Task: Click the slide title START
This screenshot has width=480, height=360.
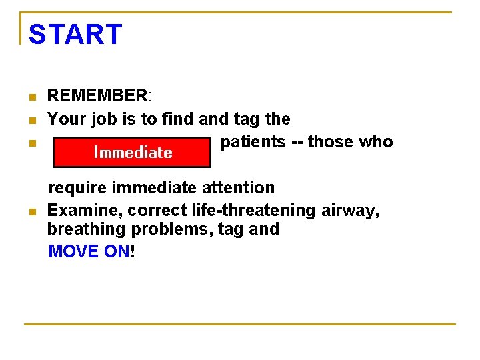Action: [x=75, y=35]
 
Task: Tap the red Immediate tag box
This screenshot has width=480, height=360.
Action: [x=132, y=152]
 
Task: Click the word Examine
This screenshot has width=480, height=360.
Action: [x=85, y=211]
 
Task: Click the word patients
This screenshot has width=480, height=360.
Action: [x=251, y=142]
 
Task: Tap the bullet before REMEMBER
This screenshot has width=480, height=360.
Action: [x=31, y=98]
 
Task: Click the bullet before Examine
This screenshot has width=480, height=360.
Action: [x=31, y=212]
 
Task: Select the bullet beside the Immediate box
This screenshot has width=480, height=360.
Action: [x=31, y=143]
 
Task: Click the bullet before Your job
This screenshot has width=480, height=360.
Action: [x=31, y=121]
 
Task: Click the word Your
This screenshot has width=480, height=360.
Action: [x=65, y=119]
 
